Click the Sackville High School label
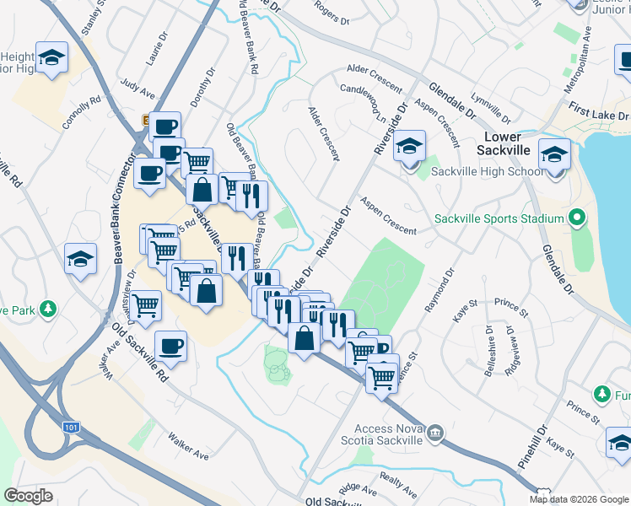point(487,172)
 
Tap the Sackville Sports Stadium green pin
point(577,219)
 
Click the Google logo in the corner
point(28,496)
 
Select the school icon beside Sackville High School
point(410,147)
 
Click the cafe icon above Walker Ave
point(171,347)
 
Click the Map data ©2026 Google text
point(579,499)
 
